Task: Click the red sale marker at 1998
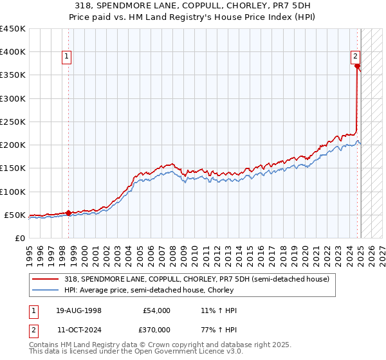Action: (x=69, y=213)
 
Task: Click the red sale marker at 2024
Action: (x=357, y=66)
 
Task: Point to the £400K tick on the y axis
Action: (x=13, y=52)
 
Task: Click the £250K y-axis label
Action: (x=13, y=122)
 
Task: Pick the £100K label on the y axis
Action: (x=13, y=192)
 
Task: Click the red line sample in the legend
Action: (x=46, y=279)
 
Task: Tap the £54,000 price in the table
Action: (x=156, y=310)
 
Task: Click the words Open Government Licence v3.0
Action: (x=186, y=352)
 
